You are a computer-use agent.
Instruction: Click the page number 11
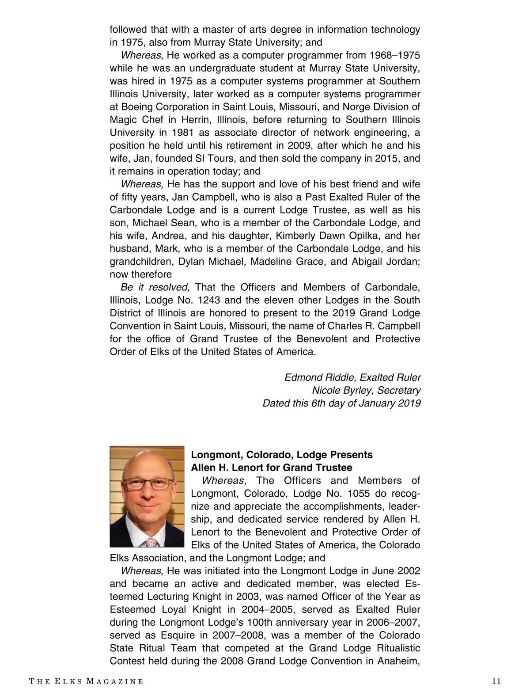click(x=496, y=681)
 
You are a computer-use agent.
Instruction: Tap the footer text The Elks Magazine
click(x=86, y=681)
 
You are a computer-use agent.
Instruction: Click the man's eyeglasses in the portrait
click(x=148, y=484)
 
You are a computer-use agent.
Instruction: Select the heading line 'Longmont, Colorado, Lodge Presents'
click(x=282, y=455)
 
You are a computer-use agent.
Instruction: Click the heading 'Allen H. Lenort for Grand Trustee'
click(x=272, y=468)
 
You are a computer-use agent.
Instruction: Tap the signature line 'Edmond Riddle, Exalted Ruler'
click(x=352, y=377)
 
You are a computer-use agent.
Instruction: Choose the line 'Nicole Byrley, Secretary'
click(x=366, y=390)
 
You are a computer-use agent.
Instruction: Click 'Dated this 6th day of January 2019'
click(x=341, y=403)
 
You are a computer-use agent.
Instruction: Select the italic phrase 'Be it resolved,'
click(x=155, y=287)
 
